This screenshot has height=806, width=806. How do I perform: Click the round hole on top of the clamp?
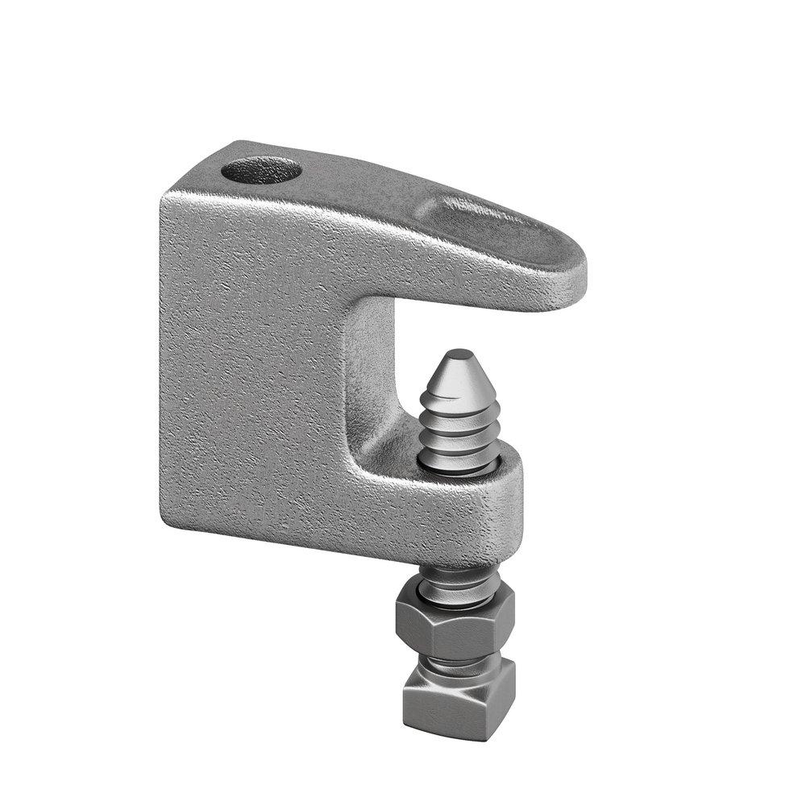tap(260, 170)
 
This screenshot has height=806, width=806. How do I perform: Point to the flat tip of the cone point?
tap(458, 354)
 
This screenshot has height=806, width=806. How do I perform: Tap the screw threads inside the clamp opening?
tap(460, 439)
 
